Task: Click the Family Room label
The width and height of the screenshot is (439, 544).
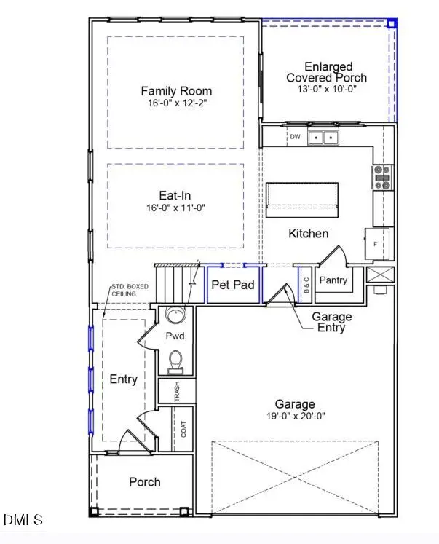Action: click(176, 91)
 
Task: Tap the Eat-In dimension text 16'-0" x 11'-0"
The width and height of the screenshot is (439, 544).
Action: click(176, 208)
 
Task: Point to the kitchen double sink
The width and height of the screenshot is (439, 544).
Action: click(323, 137)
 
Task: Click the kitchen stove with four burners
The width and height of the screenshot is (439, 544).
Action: click(382, 177)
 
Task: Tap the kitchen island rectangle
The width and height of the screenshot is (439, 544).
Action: click(302, 199)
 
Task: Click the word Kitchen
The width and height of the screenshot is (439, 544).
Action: click(309, 234)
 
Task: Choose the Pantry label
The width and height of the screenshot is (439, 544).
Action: click(333, 280)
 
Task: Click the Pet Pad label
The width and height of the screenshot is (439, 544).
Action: click(233, 284)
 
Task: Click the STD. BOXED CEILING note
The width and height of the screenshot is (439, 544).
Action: click(130, 290)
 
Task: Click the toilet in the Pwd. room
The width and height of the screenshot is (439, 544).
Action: click(175, 360)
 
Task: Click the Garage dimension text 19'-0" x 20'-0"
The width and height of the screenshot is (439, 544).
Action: click(295, 417)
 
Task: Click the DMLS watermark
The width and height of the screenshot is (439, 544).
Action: click(23, 520)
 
